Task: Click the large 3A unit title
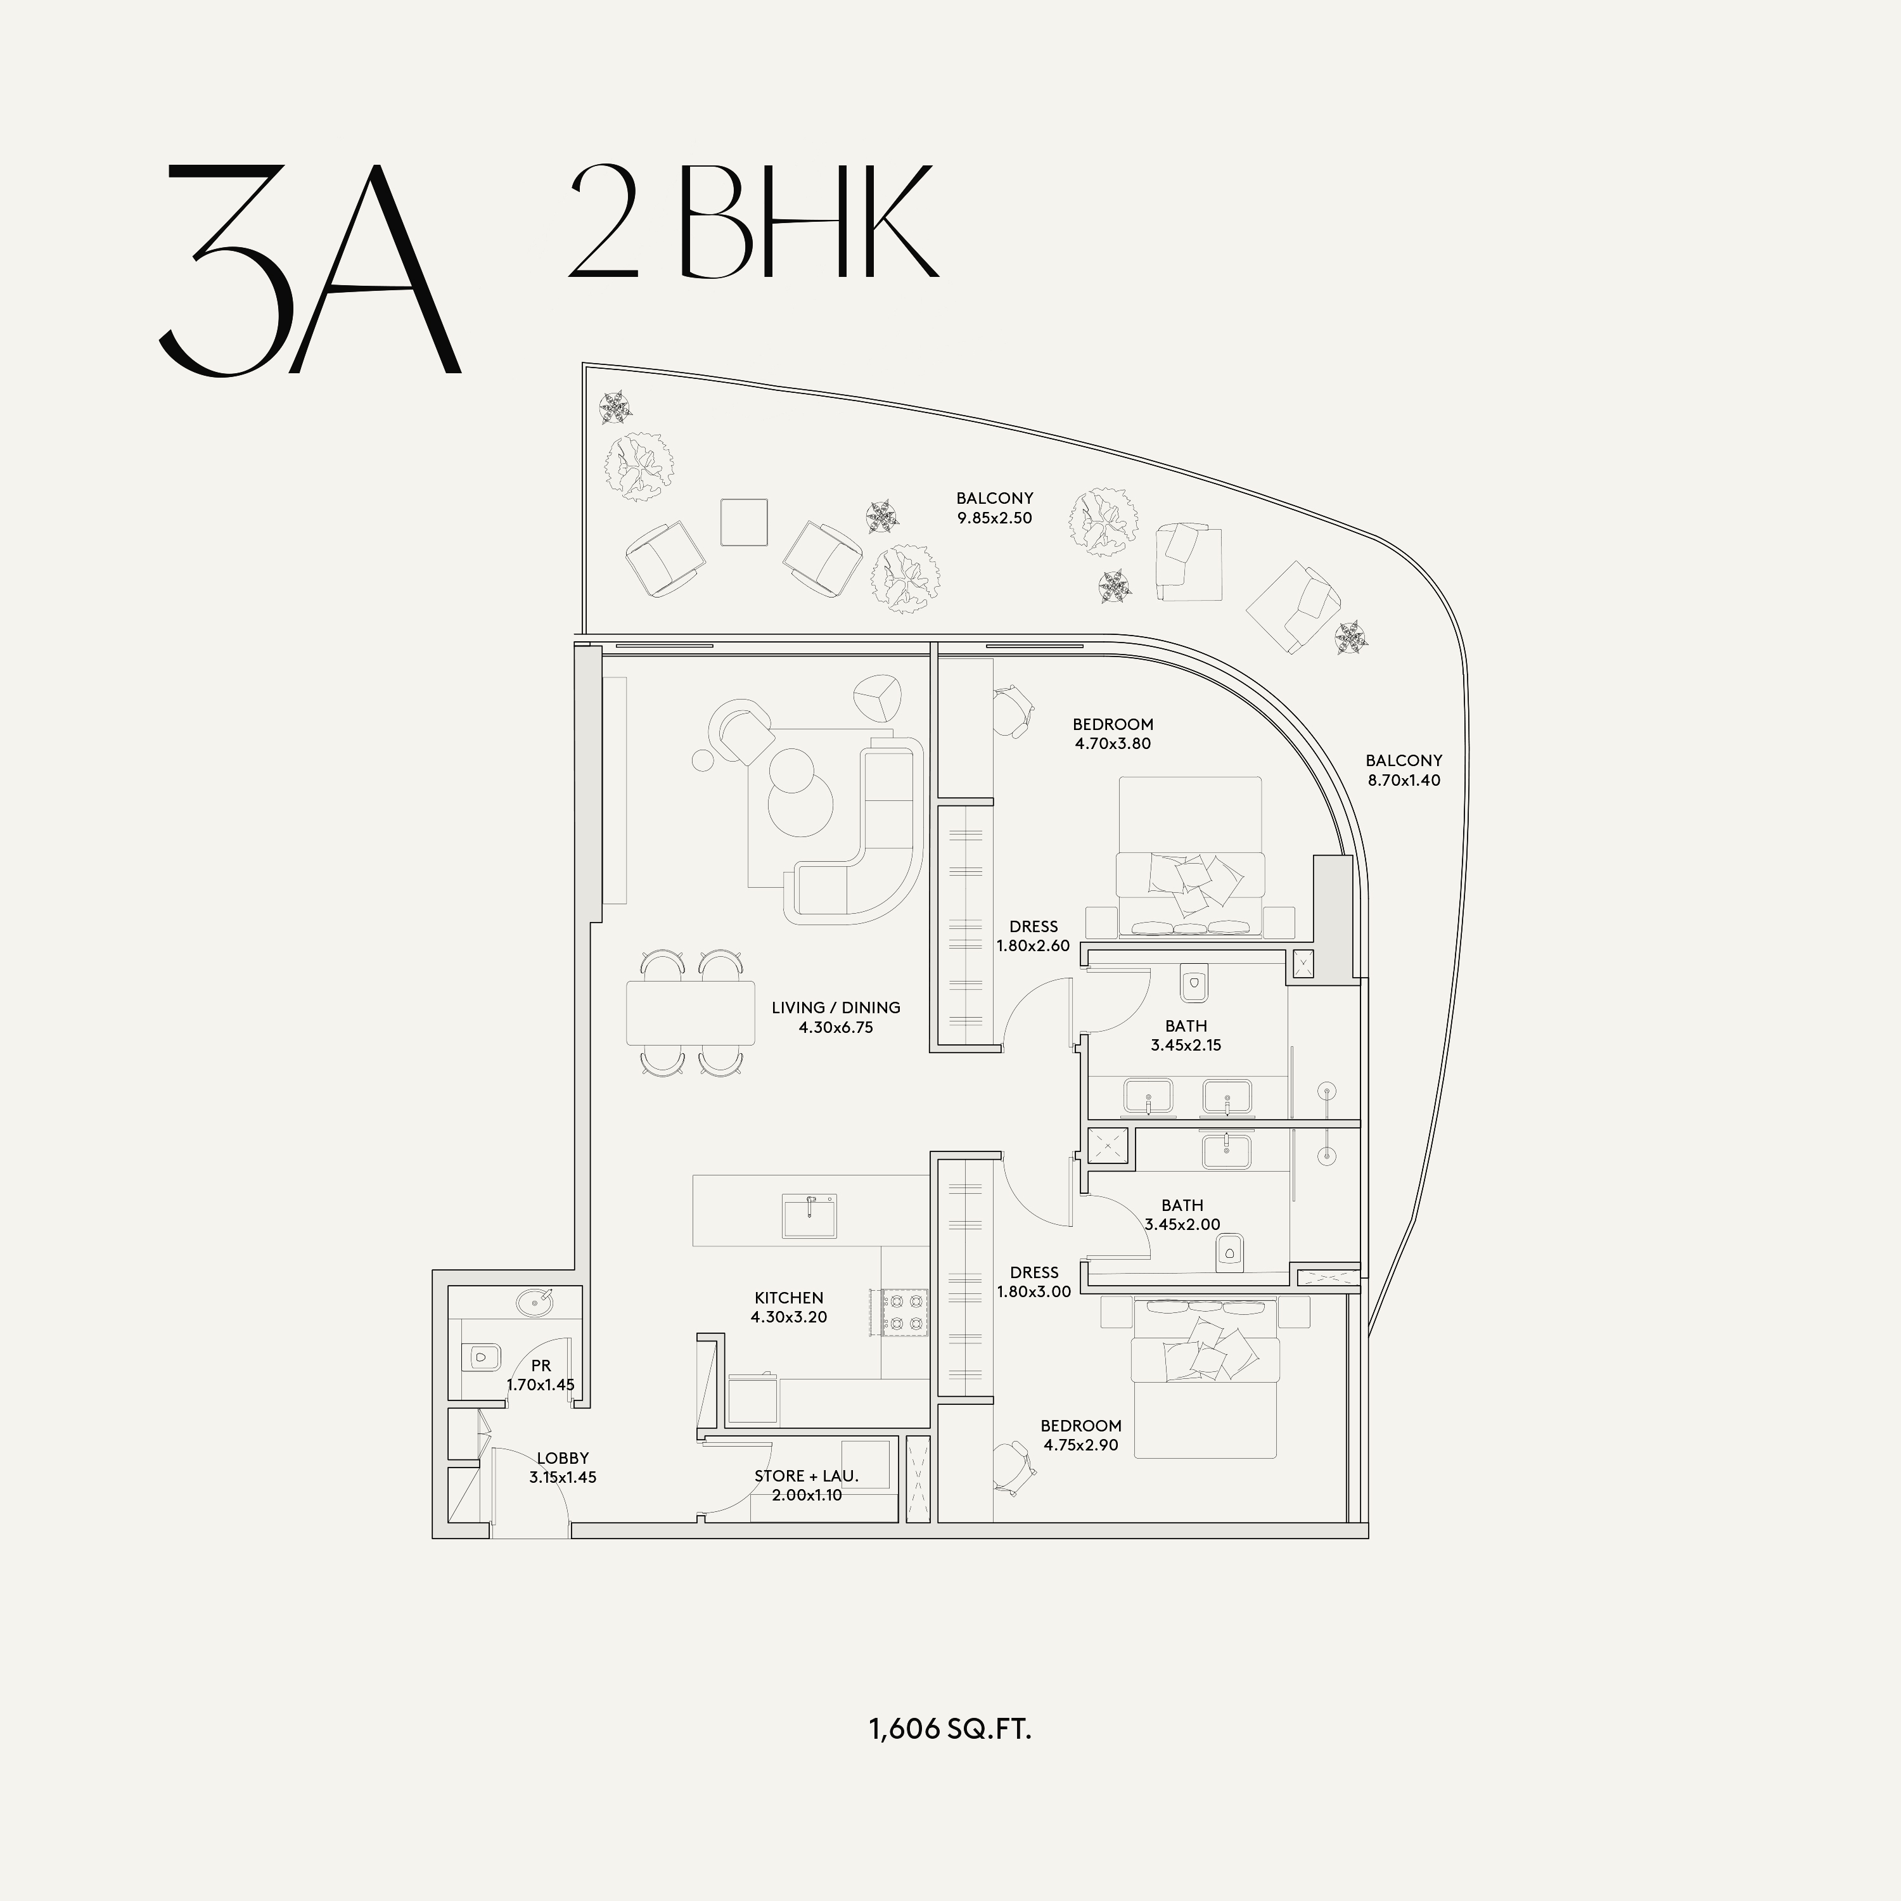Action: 310,269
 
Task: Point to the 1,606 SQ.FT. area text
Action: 949,1729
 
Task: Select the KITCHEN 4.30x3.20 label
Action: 789,1307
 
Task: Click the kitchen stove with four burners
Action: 906,1312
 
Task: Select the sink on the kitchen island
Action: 810,1216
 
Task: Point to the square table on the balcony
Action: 744,522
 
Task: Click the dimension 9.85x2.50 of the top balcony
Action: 995,518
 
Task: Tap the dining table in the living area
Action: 691,1013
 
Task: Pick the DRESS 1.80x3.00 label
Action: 1033,1282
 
